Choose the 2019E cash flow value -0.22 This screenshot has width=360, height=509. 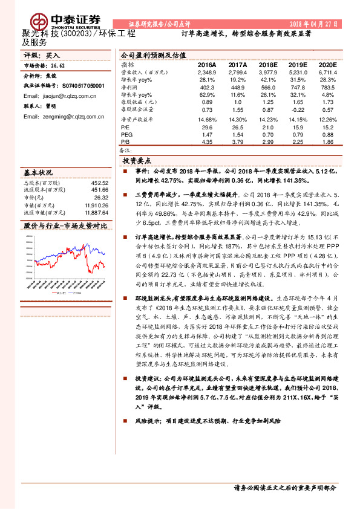[296, 111]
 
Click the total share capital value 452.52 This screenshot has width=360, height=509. [99, 182]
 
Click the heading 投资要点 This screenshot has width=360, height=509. [137, 162]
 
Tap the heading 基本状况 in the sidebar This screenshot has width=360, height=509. [38, 172]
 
